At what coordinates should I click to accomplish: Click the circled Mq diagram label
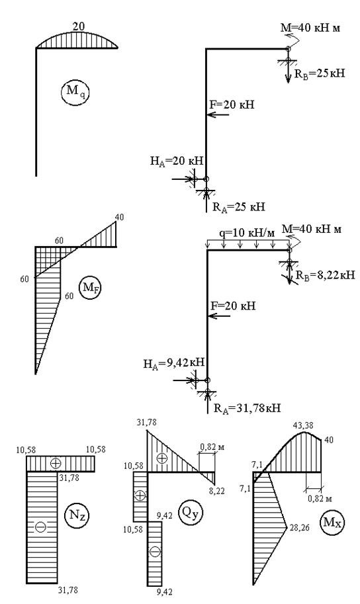(x=75, y=93)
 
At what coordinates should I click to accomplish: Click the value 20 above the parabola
(x=79, y=26)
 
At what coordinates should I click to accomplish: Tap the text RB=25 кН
(x=320, y=73)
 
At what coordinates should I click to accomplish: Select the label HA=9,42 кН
(x=177, y=363)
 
